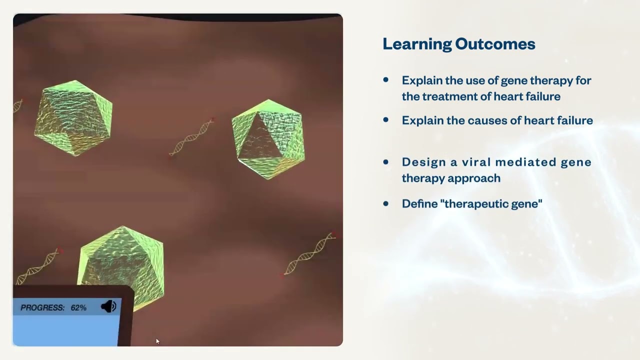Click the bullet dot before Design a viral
[385, 162]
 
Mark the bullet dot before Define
[385, 203]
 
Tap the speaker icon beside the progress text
[108, 307]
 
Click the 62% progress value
[78, 307]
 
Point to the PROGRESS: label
[42, 307]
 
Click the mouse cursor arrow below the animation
[157, 341]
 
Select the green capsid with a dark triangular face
[268, 139]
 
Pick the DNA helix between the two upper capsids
[192, 136]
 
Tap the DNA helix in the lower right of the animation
[310, 253]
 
